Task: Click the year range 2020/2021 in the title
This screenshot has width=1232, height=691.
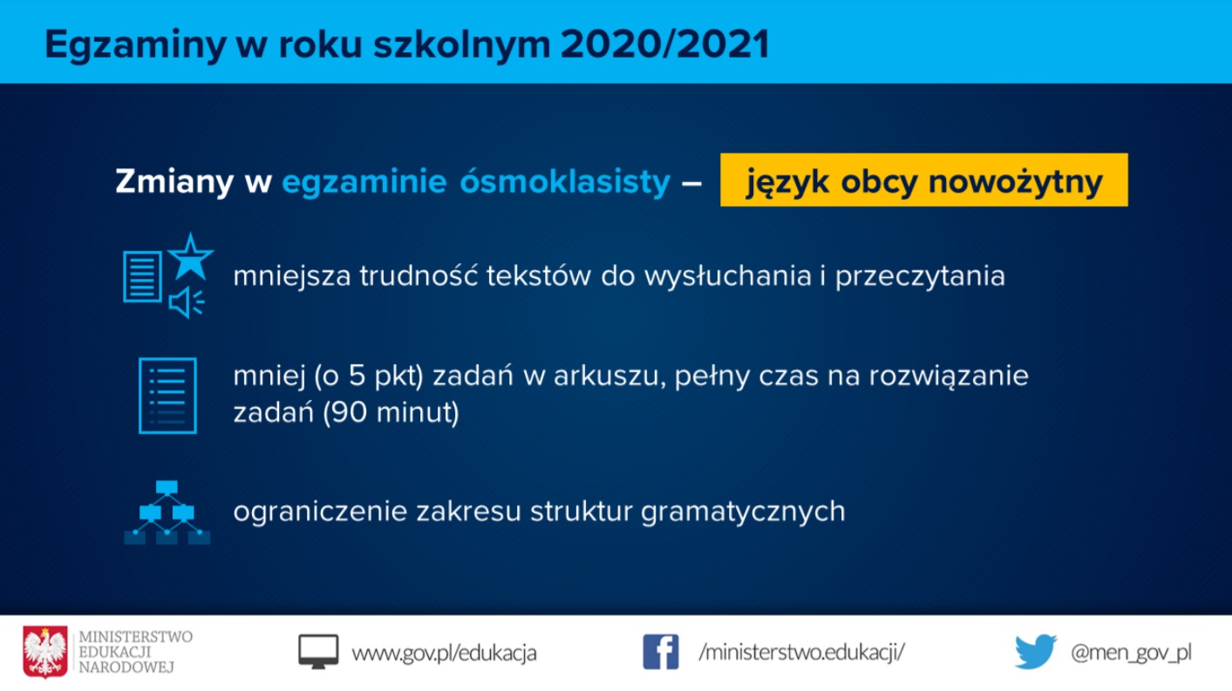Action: (x=665, y=44)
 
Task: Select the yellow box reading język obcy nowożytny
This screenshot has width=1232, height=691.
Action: (x=924, y=180)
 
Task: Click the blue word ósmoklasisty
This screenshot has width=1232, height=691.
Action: (x=565, y=180)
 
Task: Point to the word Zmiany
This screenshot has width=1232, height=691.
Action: (x=174, y=182)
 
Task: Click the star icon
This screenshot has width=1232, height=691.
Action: (x=190, y=257)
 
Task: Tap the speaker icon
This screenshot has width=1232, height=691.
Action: (x=187, y=301)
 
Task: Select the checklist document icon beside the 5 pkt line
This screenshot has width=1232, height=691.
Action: (x=167, y=396)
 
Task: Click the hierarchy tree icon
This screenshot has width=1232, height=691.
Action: (x=167, y=512)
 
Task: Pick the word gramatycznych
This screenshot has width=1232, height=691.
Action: (x=743, y=512)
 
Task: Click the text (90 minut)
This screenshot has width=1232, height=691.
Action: (x=391, y=412)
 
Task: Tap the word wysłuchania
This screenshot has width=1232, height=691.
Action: (x=728, y=276)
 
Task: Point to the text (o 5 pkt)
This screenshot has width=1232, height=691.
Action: (x=369, y=376)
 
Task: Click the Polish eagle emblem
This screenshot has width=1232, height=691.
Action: (x=45, y=652)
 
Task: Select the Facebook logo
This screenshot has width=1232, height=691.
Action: (x=661, y=652)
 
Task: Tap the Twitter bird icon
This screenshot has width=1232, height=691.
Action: (x=1036, y=652)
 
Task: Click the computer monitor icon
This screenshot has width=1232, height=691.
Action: (x=318, y=652)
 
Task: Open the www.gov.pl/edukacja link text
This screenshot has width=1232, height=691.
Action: (x=445, y=653)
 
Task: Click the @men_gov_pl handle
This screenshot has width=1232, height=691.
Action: (x=1132, y=653)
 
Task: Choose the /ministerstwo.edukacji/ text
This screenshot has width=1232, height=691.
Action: (x=802, y=653)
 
